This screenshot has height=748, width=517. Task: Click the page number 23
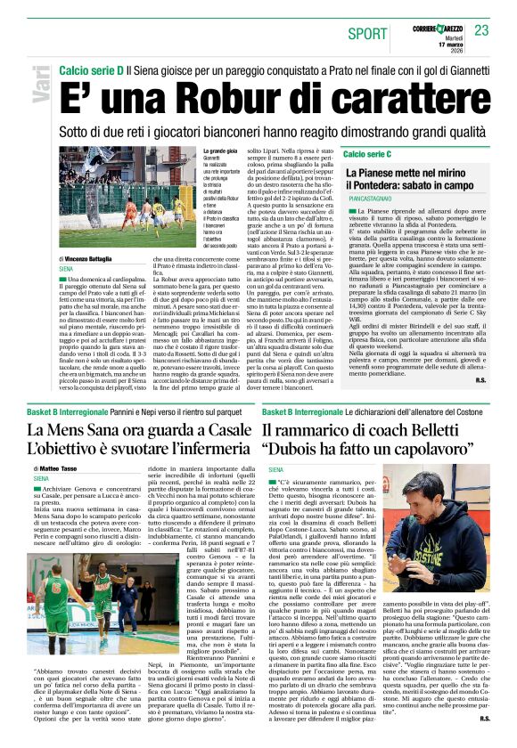pyautogui.click(x=481, y=30)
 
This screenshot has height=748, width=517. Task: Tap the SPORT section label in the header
pyautogui.click(x=368, y=33)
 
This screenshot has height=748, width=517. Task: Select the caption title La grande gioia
pyautogui.click(x=223, y=178)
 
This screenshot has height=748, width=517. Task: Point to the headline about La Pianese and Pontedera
pyautogui.click(x=414, y=183)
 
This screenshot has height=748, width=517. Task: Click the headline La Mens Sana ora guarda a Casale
pyautogui.click(x=138, y=431)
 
